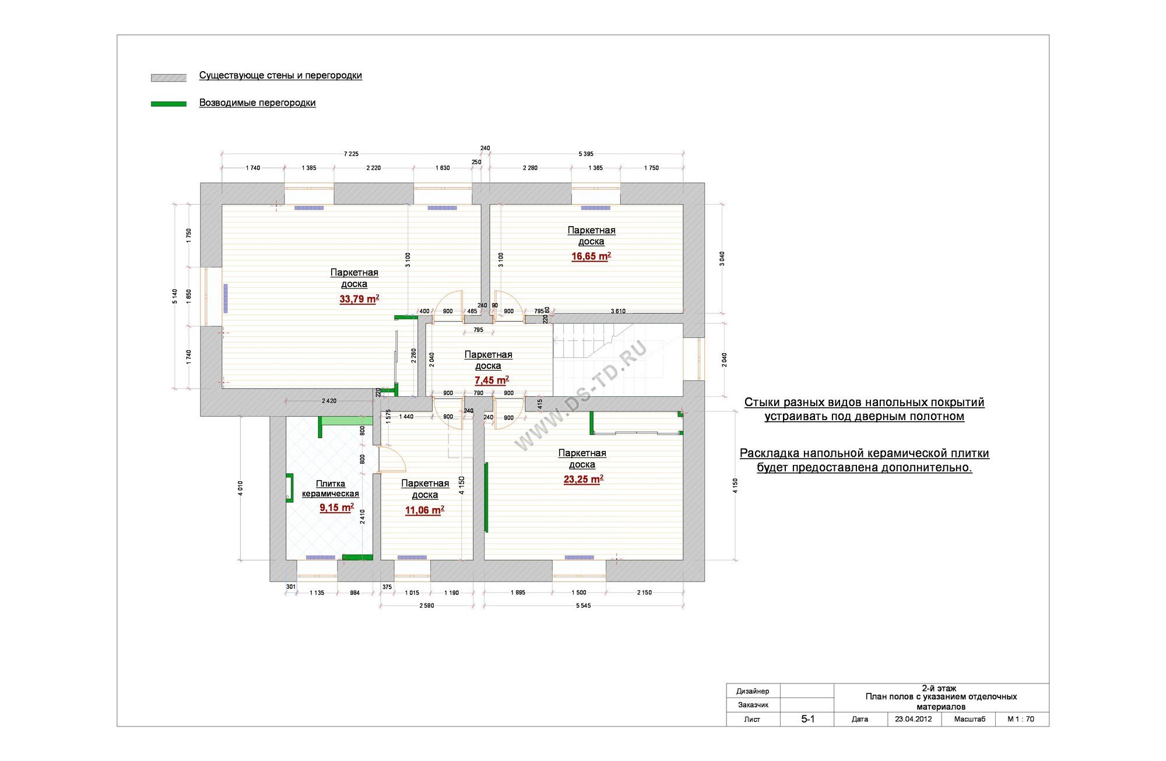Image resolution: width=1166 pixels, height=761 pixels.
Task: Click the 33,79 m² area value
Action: point(359,299)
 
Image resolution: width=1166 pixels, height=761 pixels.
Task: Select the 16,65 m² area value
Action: point(591,256)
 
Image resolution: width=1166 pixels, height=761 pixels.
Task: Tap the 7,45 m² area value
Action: point(491,380)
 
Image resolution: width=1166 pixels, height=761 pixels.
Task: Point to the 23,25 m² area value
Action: point(583,479)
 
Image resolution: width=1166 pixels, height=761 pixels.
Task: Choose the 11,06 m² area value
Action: point(424,510)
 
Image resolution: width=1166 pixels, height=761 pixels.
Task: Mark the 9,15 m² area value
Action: point(336,508)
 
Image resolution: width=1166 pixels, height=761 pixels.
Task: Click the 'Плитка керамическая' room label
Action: point(330,488)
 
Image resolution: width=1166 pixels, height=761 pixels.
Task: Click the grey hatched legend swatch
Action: point(168,77)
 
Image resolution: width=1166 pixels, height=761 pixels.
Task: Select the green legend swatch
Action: point(168,104)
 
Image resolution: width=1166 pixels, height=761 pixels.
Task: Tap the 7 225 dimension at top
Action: point(351,154)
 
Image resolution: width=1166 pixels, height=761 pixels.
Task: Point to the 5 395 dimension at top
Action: point(586,154)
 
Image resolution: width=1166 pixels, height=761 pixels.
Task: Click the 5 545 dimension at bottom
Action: point(584,605)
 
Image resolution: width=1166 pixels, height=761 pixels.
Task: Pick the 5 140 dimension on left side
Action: point(175,296)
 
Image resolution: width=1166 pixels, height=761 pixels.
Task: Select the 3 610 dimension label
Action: point(618,311)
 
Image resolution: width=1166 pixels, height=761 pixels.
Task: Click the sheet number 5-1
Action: point(807,719)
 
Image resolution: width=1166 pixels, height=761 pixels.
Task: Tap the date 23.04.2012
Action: point(914,719)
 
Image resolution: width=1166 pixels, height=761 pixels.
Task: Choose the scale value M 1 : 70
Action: point(1021,719)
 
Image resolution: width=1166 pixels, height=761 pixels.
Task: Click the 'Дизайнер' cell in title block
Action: point(753,691)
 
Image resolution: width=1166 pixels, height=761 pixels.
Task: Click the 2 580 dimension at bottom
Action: point(427,605)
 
